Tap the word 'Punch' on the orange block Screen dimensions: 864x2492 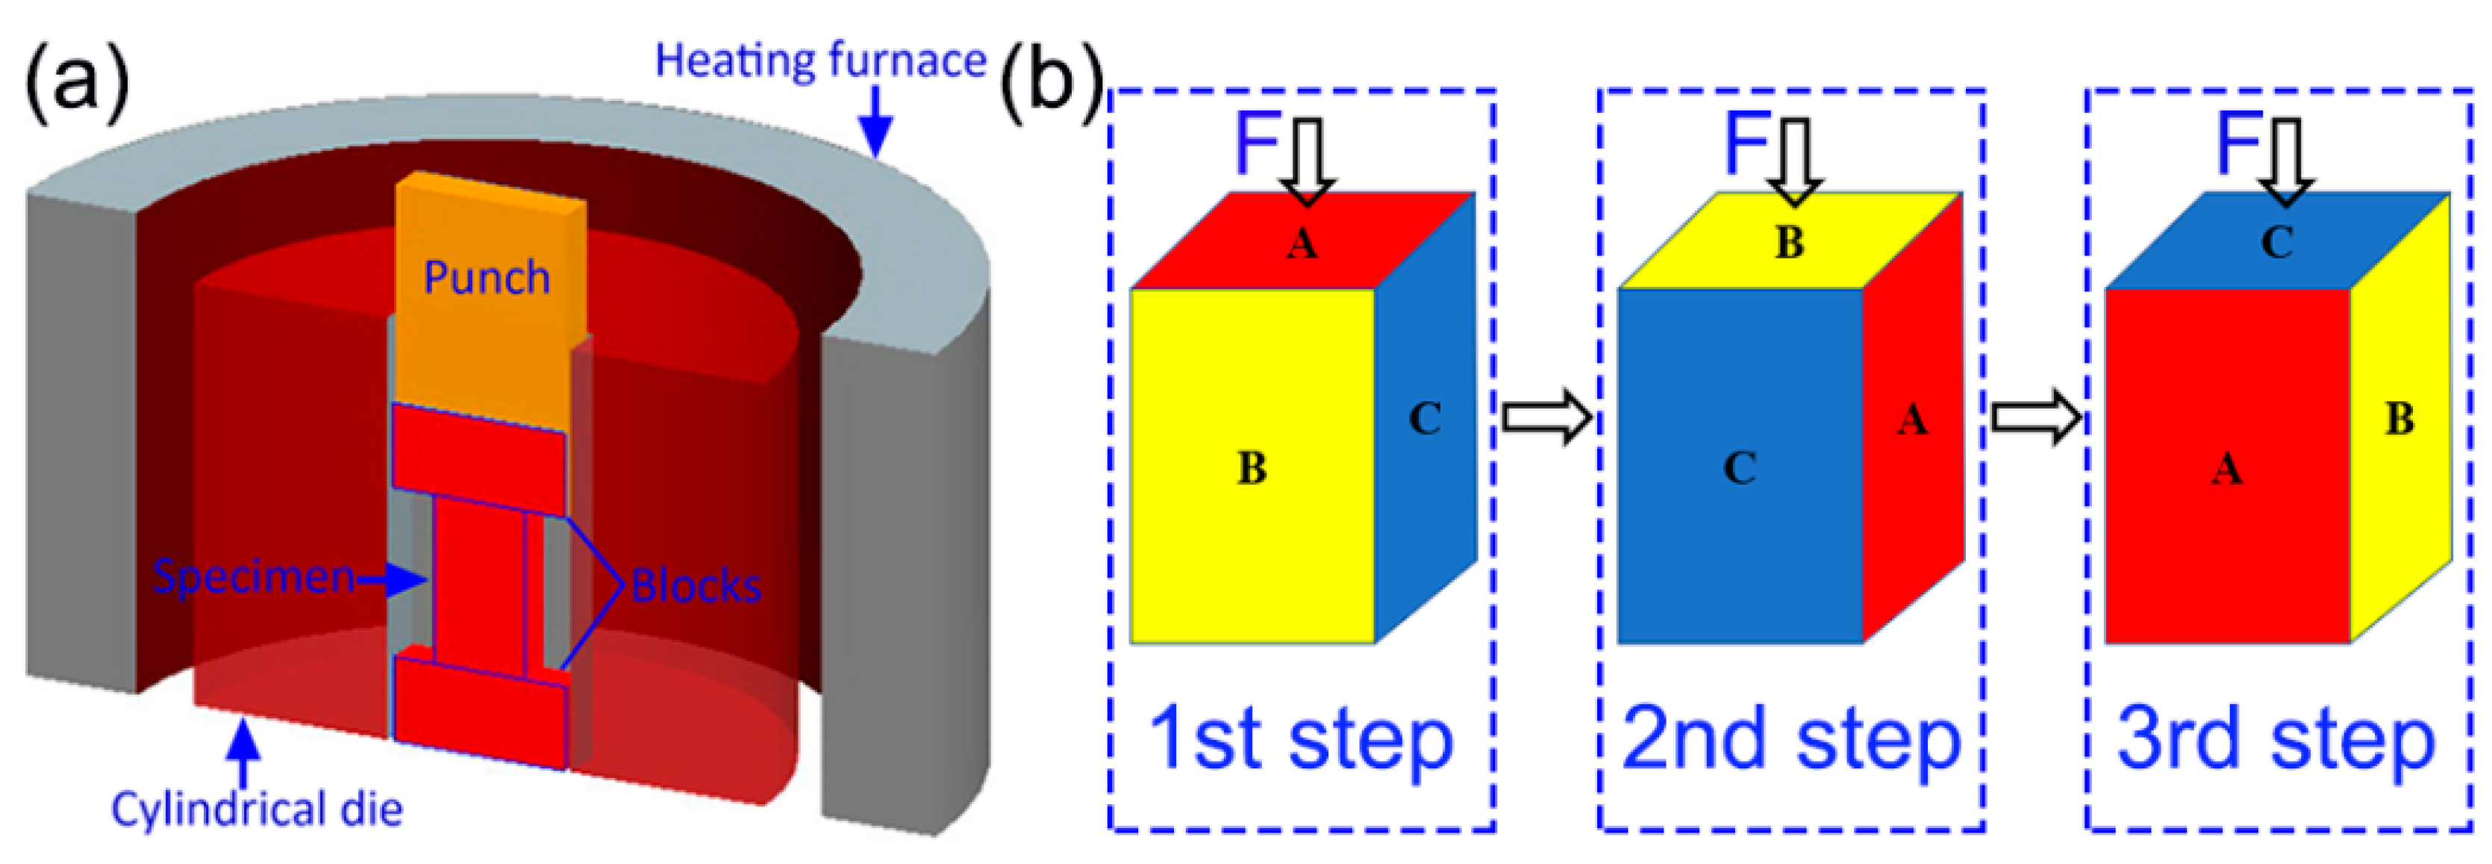pyautogui.click(x=487, y=278)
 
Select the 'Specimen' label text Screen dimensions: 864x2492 pyautogui.click(x=254, y=576)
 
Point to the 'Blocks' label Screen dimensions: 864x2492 pyautogui.click(x=696, y=585)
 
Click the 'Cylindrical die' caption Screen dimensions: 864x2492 pyautogui.click(x=256, y=809)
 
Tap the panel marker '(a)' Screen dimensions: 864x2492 pyautogui.click(x=76, y=83)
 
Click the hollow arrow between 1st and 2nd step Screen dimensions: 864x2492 pyautogui.click(x=1546, y=418)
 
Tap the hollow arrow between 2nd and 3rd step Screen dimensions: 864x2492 pyautogui.click(x=2035, y=418)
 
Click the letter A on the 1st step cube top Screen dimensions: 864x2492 pyautogui.click(x=1302, y=243)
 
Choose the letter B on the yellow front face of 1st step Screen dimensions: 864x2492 pyautogui.click(x=1252, y=468)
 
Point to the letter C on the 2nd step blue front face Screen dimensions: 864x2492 pyautogui.click(x=1740, y=468)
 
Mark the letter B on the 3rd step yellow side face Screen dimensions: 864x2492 pyautogui.click(x=2399, y=419)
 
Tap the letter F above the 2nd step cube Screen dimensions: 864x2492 pyautogui.click(x=1747, y=142)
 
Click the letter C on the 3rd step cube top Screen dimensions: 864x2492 pyautogui.click(x=2276, y=243)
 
